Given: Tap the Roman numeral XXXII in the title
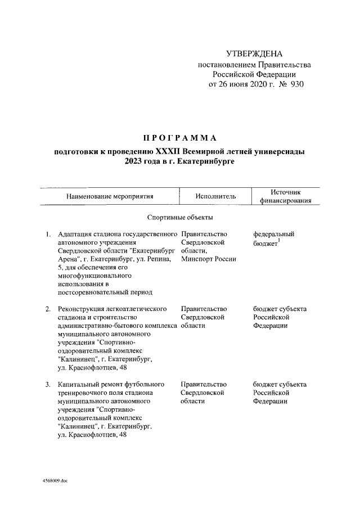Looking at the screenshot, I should pyautogui.click(x=169, y=152).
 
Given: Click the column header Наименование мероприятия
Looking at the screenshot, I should pyautogui.click(x=110, y=197).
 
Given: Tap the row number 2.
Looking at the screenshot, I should pyautogui.click(x=48, y=309).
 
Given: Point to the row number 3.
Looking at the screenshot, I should pyautogui.click(x=48, y=384).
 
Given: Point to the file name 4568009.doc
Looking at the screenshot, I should pyautogui.click(x=54, y=483).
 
